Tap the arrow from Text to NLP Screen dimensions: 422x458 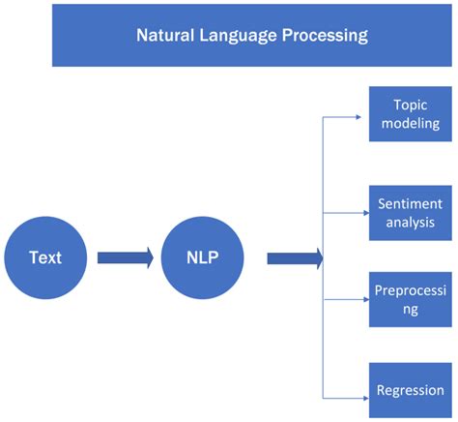click(x=124, y=258)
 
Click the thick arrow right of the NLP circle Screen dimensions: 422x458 click(x=294, y=258)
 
